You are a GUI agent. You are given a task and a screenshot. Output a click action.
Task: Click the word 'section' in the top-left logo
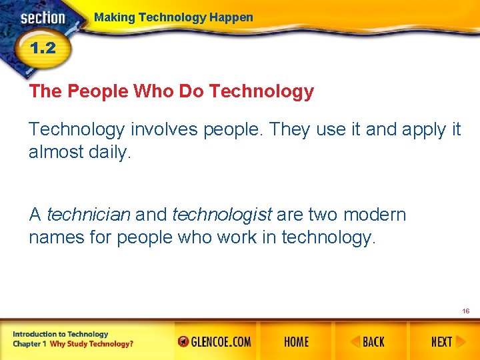43,18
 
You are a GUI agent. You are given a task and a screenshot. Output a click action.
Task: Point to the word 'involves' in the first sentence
163,129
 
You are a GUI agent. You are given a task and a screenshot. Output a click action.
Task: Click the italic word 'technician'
89,215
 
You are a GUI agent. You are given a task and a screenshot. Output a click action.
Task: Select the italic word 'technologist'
222,215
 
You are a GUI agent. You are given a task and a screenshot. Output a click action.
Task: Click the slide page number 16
465,311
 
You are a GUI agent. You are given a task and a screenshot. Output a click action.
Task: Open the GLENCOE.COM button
215,342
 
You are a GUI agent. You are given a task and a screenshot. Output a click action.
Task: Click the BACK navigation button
368,342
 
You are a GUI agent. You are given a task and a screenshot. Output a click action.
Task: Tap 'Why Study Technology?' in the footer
91,344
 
